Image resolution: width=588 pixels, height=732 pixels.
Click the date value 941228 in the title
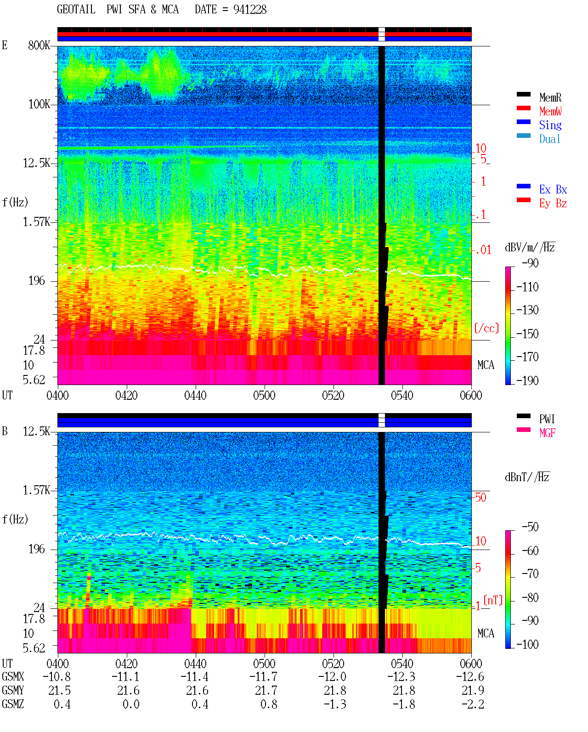[x=249, y=10]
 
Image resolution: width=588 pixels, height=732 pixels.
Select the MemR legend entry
[x=550, y=97]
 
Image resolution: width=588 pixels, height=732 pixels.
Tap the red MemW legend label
[x=550, y=111]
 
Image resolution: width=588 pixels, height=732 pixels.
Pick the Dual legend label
[x=549, y=139]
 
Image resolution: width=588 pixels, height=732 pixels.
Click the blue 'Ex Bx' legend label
[x=553, y=189]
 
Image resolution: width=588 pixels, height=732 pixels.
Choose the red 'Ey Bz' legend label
[x=553, y=204]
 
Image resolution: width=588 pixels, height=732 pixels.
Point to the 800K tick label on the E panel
[x=39, y=45]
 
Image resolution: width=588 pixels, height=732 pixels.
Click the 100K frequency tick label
[x=39, y=104]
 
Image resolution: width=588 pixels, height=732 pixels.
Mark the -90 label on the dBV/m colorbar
[x=530, y=263]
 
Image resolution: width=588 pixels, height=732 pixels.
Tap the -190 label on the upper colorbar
[x=527, y=380]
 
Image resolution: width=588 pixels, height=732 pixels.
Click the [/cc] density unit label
[x=486, y=328]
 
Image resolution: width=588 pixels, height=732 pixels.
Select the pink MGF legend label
[x=547, y=433]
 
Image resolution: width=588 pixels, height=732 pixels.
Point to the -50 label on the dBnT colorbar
[x=530, y=527]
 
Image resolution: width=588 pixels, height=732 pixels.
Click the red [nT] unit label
[x=493, y=600]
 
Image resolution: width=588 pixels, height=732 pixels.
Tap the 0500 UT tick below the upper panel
[x=264, y=396]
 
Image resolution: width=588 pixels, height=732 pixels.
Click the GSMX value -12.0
[x=332, y=676]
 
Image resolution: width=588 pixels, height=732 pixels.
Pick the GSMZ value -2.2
[x=473, y=704]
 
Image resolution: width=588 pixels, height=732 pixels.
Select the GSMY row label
[x=13, y=690]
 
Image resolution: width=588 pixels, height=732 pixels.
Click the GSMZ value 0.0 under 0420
[x=131, y=704]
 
